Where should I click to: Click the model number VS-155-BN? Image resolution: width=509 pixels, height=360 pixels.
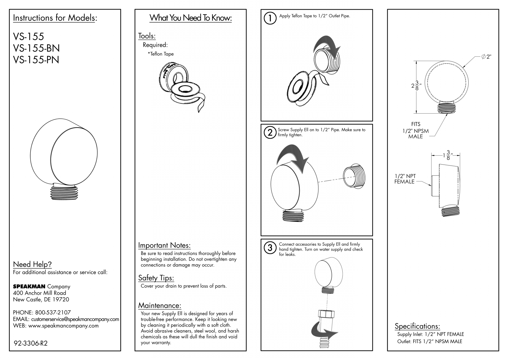[x=36, y=48]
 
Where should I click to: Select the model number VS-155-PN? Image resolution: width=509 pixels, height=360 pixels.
[x=36, y=60]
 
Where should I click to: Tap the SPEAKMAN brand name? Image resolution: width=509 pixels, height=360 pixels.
[x=29, y=286]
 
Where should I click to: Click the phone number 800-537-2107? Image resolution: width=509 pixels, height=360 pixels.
[x=53, y=313]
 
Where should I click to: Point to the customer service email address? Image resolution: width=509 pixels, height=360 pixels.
[x=75, y=319]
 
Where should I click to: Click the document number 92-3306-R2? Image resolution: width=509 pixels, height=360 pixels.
[x=31, y=343]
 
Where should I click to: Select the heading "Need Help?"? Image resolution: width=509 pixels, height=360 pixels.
[x=32, y=264]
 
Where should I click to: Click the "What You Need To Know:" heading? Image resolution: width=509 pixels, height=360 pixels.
[x=191, y=18]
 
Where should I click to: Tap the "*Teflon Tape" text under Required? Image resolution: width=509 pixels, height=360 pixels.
[x=161, y=54]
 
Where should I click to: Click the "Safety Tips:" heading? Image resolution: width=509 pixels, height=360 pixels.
[x=156, y=278]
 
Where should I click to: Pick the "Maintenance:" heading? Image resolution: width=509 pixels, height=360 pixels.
[x=160, y=306]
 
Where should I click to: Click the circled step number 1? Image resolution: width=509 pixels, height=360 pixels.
[x=270, y=18]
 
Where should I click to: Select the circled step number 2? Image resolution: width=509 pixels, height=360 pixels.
[x=270, y=132]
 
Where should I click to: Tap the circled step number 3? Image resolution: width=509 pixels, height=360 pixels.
[x=270, y=248]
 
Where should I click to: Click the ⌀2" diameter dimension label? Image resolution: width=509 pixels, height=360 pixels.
[x=486, y=57]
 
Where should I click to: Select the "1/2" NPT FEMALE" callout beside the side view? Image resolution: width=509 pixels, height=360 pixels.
[x=405, y=179]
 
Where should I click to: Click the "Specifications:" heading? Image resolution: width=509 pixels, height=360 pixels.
[x=417, y=326]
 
